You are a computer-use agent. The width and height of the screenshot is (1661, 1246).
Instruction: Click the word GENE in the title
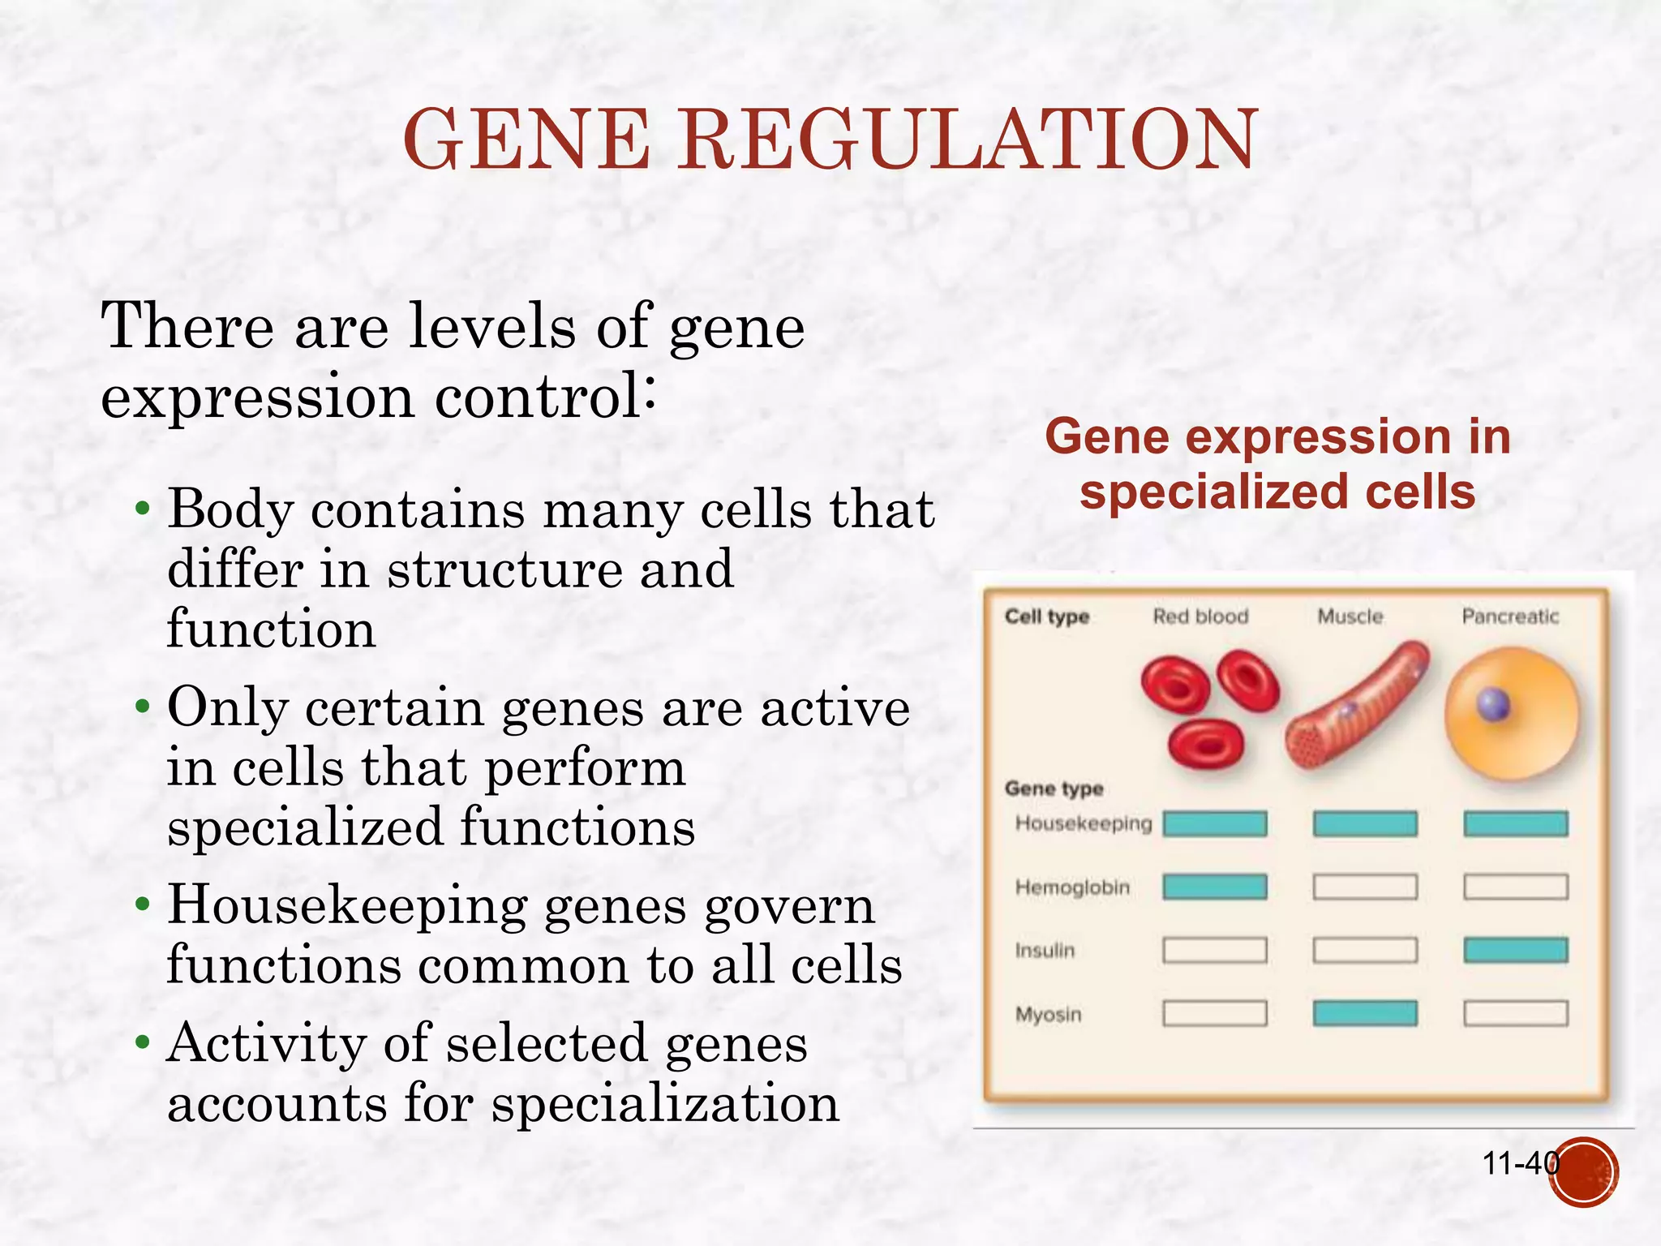526,140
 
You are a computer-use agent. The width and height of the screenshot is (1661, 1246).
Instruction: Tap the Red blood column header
1200,617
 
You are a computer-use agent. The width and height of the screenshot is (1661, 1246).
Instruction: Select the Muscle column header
1350,617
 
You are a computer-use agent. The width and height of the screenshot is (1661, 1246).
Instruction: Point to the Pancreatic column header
1510,617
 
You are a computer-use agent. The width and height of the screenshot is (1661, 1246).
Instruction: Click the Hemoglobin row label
1072,887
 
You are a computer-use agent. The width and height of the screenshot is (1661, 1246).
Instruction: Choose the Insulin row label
1045,950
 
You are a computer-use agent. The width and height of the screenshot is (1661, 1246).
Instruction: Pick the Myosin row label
1049,1014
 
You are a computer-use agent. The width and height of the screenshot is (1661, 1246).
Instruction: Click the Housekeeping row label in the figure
1084,823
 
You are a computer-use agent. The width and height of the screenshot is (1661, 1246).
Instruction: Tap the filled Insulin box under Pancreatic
1515,950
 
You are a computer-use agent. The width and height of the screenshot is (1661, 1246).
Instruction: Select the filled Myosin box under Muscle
1365,1013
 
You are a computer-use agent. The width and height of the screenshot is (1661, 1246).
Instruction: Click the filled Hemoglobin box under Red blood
1214,887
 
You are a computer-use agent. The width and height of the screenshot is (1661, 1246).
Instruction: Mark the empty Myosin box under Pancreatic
1515,1013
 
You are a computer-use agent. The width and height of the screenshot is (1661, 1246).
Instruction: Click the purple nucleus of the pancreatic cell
1493,704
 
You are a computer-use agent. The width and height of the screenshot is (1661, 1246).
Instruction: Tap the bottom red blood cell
1206,744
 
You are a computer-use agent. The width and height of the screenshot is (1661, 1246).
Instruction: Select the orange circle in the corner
1584,1172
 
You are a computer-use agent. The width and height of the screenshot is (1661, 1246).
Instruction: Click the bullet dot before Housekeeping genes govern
143,904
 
